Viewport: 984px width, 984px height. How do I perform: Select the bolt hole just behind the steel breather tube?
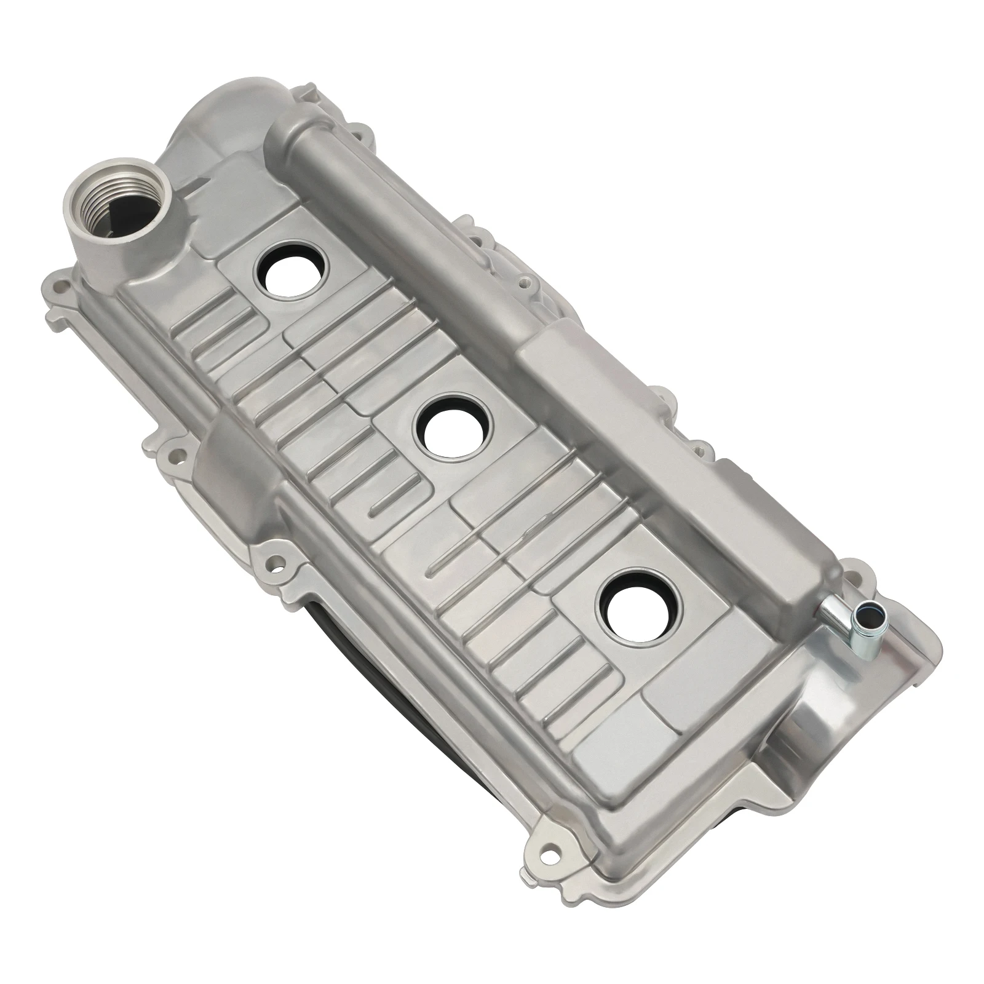point(854,577)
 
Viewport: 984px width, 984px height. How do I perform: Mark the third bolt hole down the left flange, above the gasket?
point(269,561)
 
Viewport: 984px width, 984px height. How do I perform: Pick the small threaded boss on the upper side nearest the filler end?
point(523,282)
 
